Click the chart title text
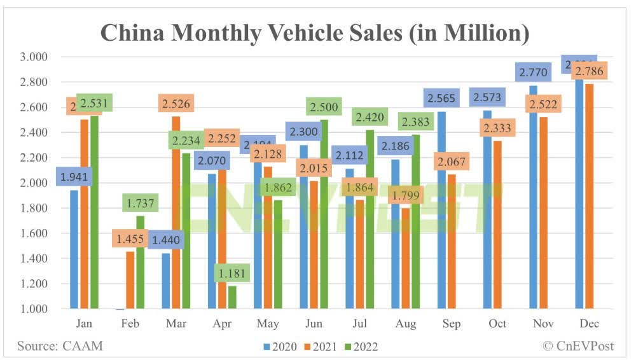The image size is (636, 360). tap(314, 32)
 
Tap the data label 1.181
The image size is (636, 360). tap(232, 273)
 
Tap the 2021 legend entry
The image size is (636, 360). tap(322, 347)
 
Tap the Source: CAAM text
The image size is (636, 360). tap(60, 346)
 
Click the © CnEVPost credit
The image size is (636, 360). tap(579, 346)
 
